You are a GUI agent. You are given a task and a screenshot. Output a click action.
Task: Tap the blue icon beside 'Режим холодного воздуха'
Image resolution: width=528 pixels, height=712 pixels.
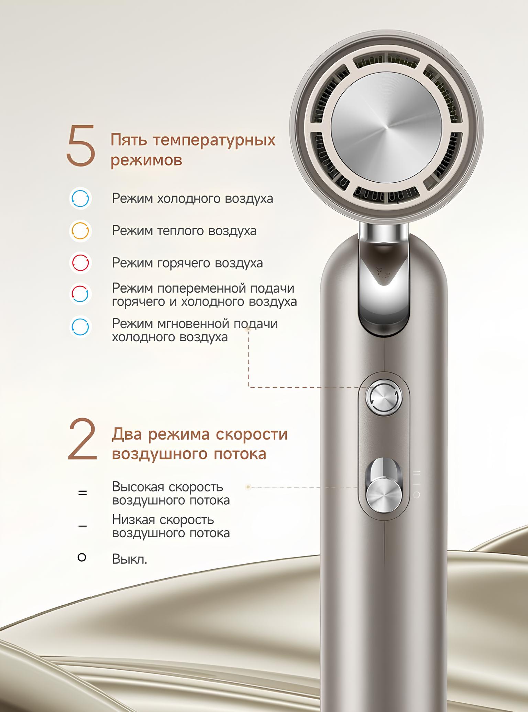click(80, 198)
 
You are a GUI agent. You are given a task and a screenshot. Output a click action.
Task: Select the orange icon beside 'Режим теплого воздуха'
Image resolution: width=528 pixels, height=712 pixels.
click(80, 231)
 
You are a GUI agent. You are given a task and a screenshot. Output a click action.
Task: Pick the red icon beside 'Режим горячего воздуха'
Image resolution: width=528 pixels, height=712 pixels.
click(80, 263)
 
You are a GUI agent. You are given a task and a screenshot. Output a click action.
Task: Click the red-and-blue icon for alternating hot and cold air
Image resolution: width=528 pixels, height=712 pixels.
click(80, 294)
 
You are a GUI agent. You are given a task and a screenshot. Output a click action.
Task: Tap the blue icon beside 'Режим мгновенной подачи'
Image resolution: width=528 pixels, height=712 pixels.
click(80, 327)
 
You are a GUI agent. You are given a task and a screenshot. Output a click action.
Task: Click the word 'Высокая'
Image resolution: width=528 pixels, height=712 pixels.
click(139, 487)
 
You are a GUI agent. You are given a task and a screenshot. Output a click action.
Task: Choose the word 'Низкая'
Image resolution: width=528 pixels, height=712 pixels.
click(135, 520)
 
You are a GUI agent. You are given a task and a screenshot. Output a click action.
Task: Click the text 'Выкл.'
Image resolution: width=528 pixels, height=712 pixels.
click(130, 559)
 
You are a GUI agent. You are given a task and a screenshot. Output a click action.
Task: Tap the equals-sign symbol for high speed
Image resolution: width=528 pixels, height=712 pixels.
click(82, 493)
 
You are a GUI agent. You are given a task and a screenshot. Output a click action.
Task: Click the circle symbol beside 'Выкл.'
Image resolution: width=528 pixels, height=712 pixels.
click(82, 557)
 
